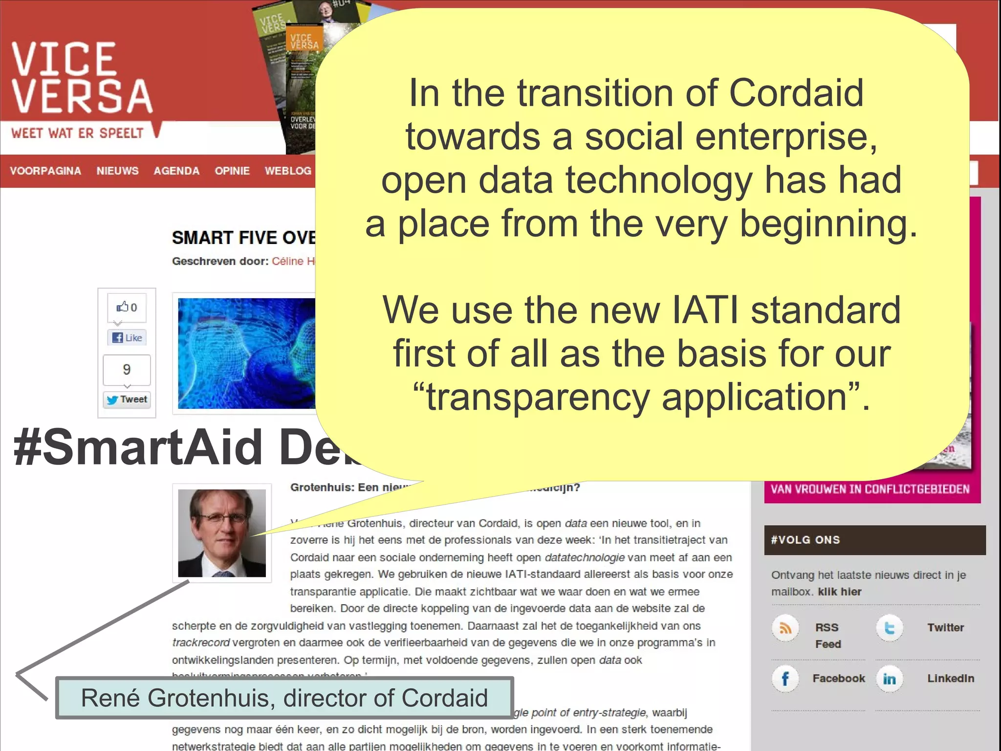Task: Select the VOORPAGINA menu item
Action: coord(45,171)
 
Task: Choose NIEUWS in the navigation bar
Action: coord(117,171)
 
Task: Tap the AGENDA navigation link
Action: coord(176,171)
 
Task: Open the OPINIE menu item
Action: coord(232,171)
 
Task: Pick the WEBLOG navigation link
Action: coord(288,171)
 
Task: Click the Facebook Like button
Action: coord(127,337)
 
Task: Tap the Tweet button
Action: coord(127,399)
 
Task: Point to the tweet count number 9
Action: coord(127,370)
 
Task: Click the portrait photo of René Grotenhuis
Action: coord(222,533)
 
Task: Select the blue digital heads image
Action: coord(247,353)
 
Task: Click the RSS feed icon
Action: coord(785,628)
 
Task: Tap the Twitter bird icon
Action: coord(890,628)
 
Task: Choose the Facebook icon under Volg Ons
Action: coord(785,679)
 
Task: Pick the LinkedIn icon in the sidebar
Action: coord(890,679)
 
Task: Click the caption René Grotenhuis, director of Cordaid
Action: coord(284,698)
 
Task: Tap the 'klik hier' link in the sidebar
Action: coord(840,592)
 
